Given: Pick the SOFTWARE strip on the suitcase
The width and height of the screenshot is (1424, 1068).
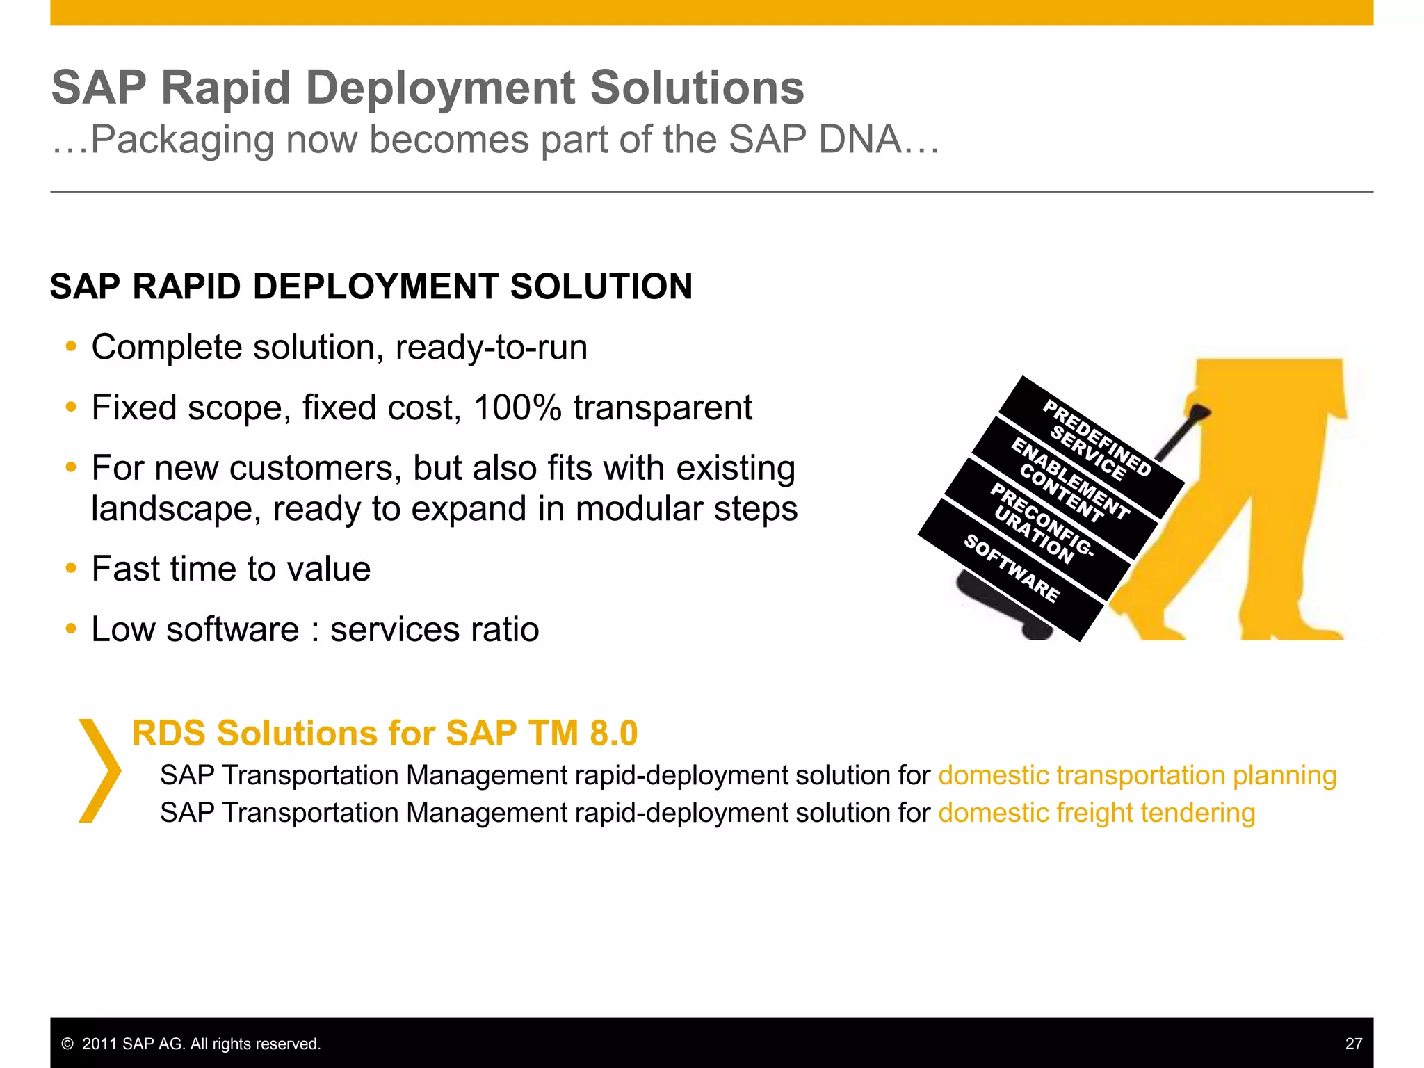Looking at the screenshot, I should (x=1012, y=569).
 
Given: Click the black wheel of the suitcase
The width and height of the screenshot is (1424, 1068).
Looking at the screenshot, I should (x=1036, y=629).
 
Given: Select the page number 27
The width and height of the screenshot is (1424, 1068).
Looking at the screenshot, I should (x=1353, y=1044).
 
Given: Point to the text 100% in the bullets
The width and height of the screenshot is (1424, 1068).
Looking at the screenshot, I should (x=517, y=407).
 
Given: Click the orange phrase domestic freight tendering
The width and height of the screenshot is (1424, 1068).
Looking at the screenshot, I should (x=1097, y=813).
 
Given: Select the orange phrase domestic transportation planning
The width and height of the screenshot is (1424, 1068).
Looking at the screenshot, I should (x=1137, y=775).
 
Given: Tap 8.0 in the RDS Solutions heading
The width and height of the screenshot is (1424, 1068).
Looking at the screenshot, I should (x=613, y=734).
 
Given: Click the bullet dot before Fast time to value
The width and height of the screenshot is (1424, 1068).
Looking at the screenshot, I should (x=70, y=569).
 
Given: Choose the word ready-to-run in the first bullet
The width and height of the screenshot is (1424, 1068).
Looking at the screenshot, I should (x=491, y=347).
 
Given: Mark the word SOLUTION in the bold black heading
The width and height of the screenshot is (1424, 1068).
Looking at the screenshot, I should (x=601, y=286).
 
